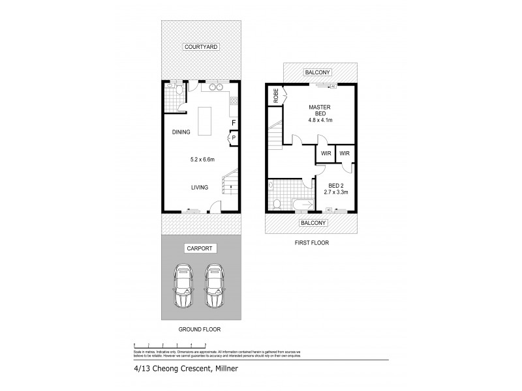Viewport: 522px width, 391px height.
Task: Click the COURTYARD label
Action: (200, 47)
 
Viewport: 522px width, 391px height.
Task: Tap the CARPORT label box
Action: (200, 249)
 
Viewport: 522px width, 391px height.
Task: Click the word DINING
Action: (181, 132)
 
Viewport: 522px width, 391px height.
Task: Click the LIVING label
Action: (200, 188)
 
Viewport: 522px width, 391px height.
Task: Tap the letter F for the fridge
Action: (233, 123)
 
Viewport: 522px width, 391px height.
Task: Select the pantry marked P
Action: (234, 138)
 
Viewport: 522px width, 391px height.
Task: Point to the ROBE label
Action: (276, 95)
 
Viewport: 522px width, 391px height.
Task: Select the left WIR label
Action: (325, 154)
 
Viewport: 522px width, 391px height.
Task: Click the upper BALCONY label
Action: (320, 72)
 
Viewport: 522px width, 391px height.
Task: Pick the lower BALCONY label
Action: (313, 222)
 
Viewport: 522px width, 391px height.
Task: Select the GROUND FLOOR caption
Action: (200, 330)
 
